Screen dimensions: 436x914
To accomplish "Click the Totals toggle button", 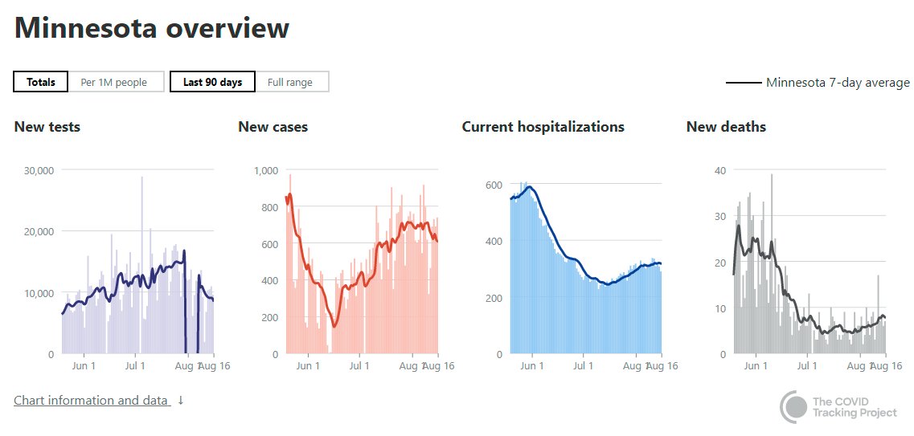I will click(41, 82).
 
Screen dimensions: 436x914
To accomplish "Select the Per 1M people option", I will click(114, 82).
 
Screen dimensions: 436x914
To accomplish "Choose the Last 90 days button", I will click(212, 82).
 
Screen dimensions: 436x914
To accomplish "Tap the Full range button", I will click(290, 82).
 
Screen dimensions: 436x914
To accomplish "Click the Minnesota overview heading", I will click(152, 28).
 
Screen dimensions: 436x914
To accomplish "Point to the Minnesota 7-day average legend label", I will click(838, 83).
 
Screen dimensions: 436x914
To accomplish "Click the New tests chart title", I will click(47, 127).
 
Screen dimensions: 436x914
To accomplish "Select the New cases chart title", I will click(273, 127).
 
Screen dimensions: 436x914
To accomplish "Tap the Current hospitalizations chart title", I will click(543, 127).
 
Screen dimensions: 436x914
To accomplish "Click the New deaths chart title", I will click(726, 127).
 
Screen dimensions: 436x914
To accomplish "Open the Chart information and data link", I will click(92, 400).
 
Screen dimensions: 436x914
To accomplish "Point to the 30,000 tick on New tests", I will click(39, 170).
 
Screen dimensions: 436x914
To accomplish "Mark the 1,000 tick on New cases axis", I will click(265, 170).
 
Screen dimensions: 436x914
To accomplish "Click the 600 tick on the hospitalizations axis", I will click(492, 185).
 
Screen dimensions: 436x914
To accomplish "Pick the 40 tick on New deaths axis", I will click(720, 170).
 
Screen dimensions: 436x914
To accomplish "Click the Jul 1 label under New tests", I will click(135, 366).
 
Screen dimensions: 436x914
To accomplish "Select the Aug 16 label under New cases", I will click(439, 366).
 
